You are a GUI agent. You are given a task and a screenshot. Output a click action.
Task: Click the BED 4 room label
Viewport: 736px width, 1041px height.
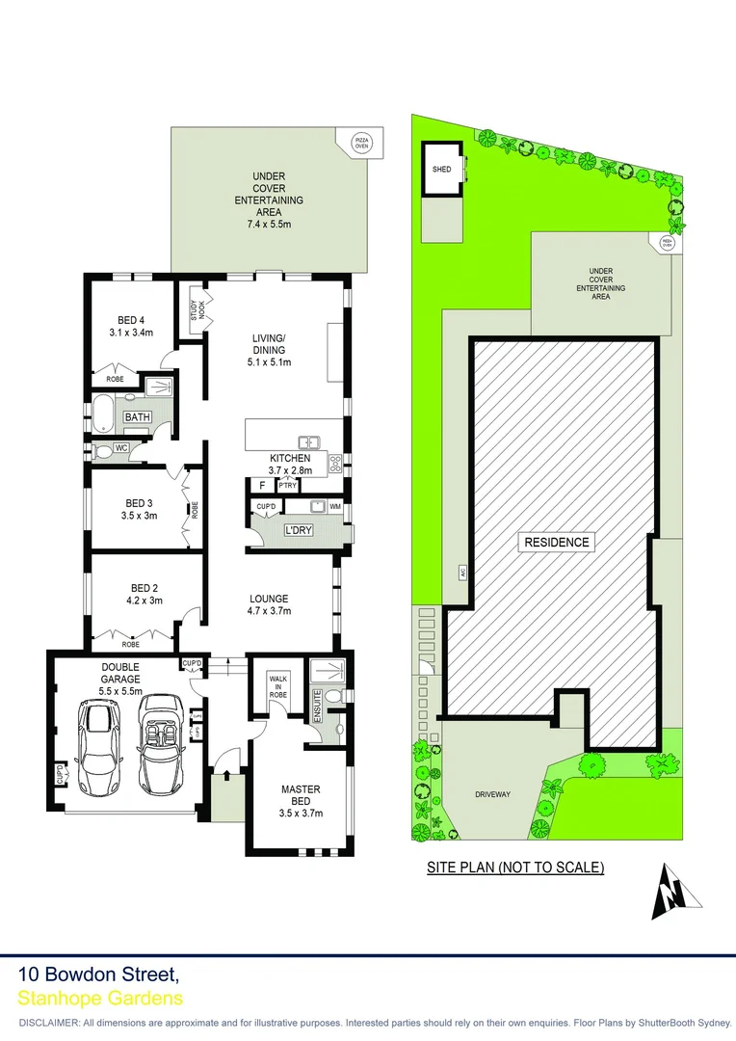coord(131,320)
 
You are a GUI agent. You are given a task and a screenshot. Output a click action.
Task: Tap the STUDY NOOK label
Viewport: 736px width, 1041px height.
coord(196,309)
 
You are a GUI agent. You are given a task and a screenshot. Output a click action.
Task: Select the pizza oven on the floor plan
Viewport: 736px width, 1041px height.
coord(361,144)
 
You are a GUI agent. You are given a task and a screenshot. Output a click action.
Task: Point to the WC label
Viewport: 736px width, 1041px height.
coord(121,448)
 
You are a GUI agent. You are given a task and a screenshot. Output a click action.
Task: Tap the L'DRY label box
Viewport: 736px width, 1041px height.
coord(298,530)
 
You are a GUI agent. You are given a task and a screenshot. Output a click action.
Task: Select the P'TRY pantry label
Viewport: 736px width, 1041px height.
coord(287,486)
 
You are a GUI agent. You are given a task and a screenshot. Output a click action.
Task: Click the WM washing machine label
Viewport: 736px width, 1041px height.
coord(335,506)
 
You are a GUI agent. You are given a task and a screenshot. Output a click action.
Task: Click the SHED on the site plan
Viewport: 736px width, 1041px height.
coord(442,170)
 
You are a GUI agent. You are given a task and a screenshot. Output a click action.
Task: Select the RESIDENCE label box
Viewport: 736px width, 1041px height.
coord(556,542)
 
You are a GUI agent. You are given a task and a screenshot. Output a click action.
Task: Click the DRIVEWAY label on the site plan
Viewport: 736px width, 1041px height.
coord(492,794)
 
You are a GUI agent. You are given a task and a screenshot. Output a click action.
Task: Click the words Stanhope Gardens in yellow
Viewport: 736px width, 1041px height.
coord(101,999)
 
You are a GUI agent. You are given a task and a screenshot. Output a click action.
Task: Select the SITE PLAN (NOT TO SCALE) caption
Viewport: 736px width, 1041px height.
coord(515,867)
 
